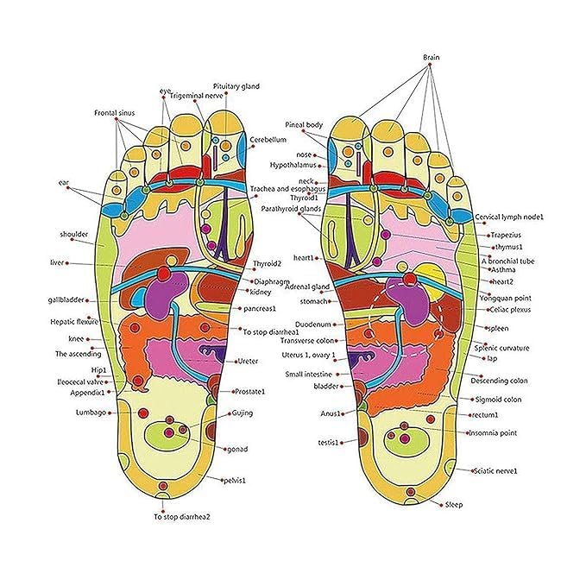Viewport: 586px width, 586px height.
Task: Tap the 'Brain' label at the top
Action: pyautogui.click(x=432, y=57)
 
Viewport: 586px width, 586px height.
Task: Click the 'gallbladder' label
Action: pyautogui.click(x=66, y=300)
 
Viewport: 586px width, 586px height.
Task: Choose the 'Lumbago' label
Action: pyautogui.click(x=90, y=413)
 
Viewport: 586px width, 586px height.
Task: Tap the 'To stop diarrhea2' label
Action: pyautogui.click(x=182, y=517)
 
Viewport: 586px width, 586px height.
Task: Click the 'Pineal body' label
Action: pyautogui.click(x=304, y=125)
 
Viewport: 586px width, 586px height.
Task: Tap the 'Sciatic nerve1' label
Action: pyautogui.click(x=495, y=470)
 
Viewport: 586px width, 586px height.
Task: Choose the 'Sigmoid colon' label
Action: pyautogui.click(x=499, y=400)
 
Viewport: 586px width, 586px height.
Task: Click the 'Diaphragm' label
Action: pyautogui.click(x=271, y=281)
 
